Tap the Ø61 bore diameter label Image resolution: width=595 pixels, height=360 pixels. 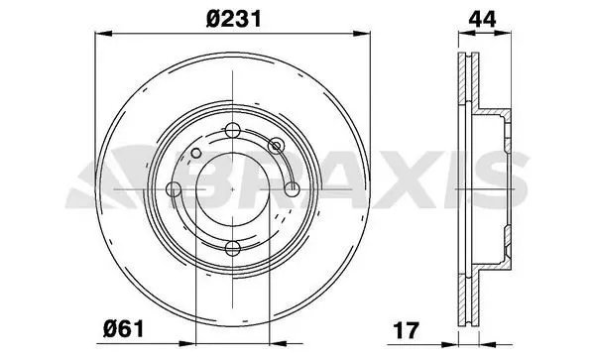124,328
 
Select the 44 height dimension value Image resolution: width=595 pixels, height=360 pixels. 482,19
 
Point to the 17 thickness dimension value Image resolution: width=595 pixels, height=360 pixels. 406,330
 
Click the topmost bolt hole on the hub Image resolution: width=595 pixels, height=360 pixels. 232,131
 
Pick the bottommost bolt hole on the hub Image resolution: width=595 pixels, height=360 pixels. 232,248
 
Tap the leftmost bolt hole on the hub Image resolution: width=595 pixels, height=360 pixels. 174,188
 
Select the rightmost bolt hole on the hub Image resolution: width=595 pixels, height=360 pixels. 292,188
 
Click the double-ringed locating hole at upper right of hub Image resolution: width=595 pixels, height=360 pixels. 276,146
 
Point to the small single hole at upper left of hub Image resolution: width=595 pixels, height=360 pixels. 195,154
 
